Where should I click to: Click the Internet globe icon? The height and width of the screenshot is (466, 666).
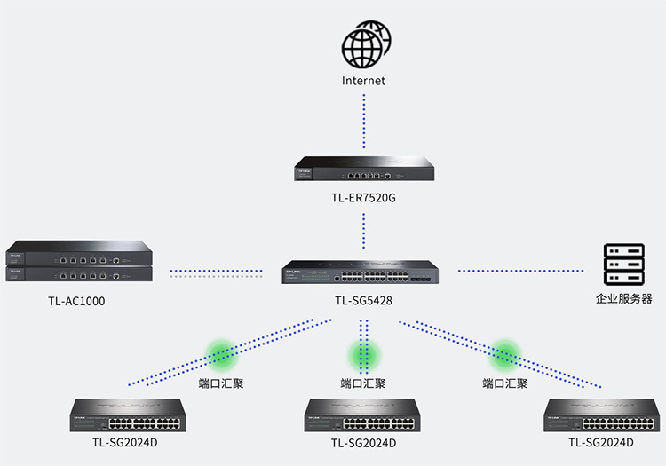pyautogui.click(x=364, y=46)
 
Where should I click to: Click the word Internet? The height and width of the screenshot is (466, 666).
pyautogui.click(x=364, y=81)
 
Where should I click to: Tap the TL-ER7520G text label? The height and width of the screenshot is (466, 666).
pyautogui.click(x=364, y=198)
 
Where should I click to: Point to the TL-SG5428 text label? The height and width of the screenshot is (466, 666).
pyautogui.click(x=364, y=301)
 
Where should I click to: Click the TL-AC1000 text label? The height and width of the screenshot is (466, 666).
pyautogui.click(x=76, y=301)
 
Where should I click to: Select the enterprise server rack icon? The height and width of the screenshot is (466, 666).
pyautogui.click(x=623, y=264)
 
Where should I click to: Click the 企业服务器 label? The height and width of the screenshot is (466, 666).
pyautogui.click(x=623, y=299)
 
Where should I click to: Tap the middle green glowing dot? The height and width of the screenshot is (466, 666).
pyautogui.click(x=363, y=355)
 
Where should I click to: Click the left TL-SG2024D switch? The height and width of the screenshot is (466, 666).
pyautogui.click(x=128, y=415)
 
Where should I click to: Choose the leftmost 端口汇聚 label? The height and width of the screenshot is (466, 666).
pyautogui.click(x=221, y=383)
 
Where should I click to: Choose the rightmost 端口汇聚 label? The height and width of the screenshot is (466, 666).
pyautogui.click(x=505, y=383)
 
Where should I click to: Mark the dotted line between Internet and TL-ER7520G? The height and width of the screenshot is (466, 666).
pyautogui.click(x=364, y=120)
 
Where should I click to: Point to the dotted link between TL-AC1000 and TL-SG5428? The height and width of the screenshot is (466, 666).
pyautogui.click(x=216, y=271)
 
